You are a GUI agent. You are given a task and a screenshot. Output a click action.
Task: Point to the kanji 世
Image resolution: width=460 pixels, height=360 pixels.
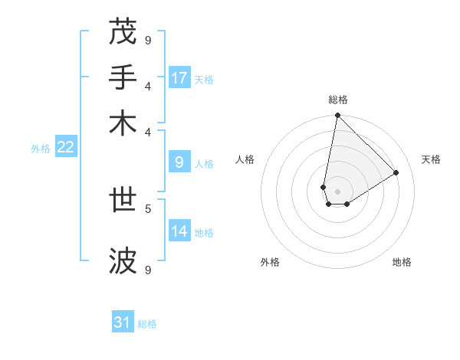coord(123,201)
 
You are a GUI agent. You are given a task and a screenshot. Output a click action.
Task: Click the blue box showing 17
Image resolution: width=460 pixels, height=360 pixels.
coord(179,78)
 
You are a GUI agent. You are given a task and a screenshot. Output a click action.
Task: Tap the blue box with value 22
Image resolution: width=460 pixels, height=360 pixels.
coord(65,148)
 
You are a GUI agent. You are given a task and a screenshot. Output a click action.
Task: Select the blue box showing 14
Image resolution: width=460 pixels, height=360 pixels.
coord(179,231)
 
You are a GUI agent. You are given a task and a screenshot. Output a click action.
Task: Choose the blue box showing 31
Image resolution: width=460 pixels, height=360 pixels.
coord(123,322)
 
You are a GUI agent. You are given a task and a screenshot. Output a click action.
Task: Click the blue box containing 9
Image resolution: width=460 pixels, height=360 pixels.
coord(179,162)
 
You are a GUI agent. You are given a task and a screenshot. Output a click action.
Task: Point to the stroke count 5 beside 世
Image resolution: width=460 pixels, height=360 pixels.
coord(148,208)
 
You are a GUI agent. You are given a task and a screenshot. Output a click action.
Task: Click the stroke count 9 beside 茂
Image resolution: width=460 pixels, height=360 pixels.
coord(148,39)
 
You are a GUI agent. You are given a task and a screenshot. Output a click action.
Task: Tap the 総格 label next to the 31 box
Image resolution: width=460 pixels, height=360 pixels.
coord(147,324)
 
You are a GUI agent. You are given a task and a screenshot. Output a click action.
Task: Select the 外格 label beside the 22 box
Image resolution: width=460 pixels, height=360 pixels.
coord(41,149)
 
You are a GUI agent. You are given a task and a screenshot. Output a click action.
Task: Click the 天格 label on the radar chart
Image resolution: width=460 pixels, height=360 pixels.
coord(431,159)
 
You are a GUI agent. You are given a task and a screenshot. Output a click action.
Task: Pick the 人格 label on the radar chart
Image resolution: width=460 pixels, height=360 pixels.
coord(245,159)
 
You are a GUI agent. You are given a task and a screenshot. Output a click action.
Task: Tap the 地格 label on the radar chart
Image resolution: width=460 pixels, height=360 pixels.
coord(402,262)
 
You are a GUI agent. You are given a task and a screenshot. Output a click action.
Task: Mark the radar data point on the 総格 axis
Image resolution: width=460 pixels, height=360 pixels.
coord(337,116)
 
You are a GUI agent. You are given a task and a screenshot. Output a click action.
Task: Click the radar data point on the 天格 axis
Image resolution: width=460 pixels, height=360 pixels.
coord(396,172)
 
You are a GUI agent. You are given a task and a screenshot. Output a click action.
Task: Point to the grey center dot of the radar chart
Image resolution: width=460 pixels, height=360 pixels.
coord(337,191)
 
